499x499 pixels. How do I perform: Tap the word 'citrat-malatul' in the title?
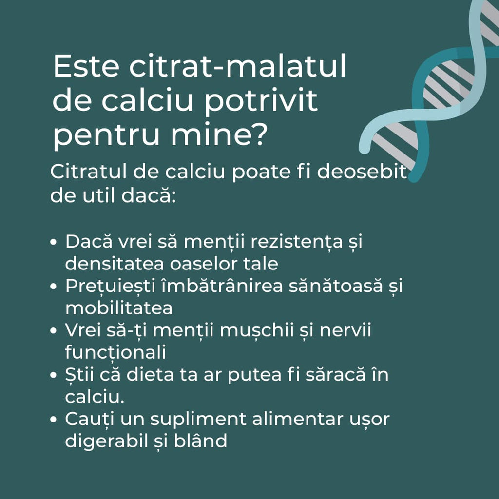pos(238,67)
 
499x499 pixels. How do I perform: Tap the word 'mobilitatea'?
pos(119,308)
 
